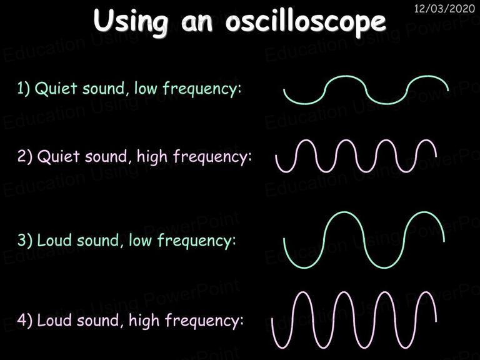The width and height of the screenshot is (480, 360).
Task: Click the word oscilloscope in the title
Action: pos(306,22)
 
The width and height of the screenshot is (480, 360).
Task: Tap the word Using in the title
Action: pos(131,21)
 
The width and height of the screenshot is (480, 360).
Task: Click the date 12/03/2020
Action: pos(444,8)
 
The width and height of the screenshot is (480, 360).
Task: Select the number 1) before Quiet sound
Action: pos(24,88)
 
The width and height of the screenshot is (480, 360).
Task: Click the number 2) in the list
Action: pos(25,156)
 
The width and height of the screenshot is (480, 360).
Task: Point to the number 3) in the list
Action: pos(25,240)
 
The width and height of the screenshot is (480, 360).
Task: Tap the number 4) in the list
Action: pos(24,320)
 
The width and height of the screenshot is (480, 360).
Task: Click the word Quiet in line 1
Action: pos(56,89)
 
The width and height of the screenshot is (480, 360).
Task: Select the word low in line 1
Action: pos(146,88)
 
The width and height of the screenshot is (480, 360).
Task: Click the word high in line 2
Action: pos(152,157)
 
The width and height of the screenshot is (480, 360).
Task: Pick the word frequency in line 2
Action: pos(212,157)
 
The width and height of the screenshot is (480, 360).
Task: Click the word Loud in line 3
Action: pos(54,240)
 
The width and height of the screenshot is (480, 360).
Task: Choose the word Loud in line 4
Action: pos(54,320)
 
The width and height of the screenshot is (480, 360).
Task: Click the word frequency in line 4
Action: pos(204,321)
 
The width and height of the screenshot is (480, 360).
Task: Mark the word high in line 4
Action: pos(144,321)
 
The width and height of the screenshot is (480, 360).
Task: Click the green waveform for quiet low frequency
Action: pos(366,90)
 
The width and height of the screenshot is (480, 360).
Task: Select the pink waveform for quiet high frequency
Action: pos(356,156)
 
